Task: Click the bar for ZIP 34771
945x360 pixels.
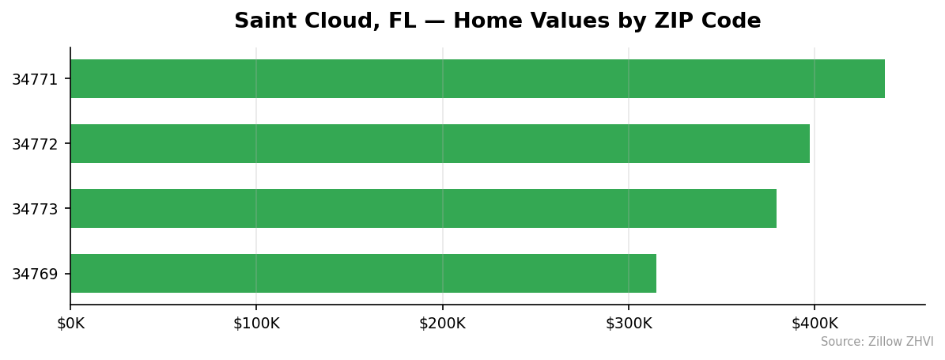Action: (x=477, y=79)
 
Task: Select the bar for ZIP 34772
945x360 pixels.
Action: (x=440, y=144)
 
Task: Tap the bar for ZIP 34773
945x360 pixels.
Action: (x=423, y=209)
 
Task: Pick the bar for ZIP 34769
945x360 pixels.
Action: (x=363, y=274)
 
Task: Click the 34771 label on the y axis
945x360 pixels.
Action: (x=35, y=79)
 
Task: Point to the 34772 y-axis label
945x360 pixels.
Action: (x=35, y=144)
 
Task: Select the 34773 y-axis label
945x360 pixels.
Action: (x=35, y=209)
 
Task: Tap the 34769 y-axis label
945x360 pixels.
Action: (x=35, y=274)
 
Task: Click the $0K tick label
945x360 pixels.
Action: (x=70, y=324)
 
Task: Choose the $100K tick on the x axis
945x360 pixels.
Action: (x=256, y=324)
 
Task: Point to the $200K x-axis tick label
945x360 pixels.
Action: (x=443, y=324)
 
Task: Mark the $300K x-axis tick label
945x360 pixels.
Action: (x=629, y=324)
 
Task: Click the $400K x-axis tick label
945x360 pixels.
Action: (x=815, y=324)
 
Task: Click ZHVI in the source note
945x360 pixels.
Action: (x=920, y=342)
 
